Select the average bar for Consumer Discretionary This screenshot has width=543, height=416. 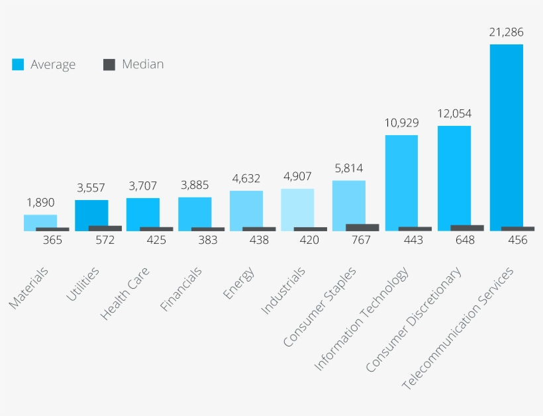(x=454, y=176)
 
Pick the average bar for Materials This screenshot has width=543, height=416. (x=40, y=221)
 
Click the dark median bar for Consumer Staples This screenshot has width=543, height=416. (x=362, y=227)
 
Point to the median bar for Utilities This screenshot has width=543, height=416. (x=105, y=228)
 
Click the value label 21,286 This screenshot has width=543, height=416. (x=506, y=32)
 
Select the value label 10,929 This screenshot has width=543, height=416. (x=401, y=123)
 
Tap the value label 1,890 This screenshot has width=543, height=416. (x=40, y=203)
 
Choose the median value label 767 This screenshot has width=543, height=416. (x=362, y=240)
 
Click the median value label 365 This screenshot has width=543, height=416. (x=52, y=240)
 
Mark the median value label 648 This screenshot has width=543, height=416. (x=465, y=240)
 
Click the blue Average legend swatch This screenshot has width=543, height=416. (x=18, y=64)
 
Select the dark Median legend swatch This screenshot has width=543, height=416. (x=109, y=64)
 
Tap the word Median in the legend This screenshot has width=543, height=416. (x=142, y=64)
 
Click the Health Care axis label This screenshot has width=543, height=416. (x=125, y=293)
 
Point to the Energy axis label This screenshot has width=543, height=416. (x=238, y=283)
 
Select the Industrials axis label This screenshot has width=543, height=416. (x=283, y=290)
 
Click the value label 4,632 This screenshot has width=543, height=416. (x=246, y=178)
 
